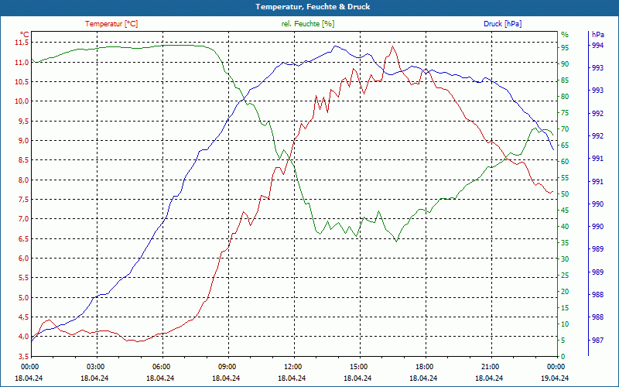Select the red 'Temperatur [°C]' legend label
[x=111, y=24]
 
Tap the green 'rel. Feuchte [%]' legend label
[x=308, y=24]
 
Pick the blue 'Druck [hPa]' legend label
[x=503, y=24]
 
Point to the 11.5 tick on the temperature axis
[x=22, y=42]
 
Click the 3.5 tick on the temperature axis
[x=22, y=356]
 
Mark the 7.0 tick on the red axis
[x=22, y=219]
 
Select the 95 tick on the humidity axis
[x=565, y=46]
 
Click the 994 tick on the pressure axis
[x=597, y=46]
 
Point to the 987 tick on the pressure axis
[x=597, y=340]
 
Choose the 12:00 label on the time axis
[x=292, y=367]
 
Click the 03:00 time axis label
[x=95, y=367]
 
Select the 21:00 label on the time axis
[x=490, y=367]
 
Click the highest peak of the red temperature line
[x=393, y=46]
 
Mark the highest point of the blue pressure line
[x=334, y=45]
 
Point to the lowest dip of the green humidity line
[x=397, y=241]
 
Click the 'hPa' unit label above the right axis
[x=598, y=35]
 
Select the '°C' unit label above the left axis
[x=25, y=35]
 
